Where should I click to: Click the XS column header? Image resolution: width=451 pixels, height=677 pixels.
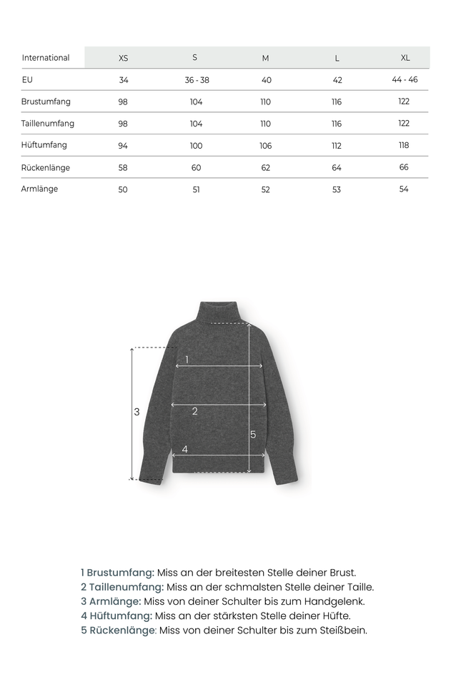pos(124,58)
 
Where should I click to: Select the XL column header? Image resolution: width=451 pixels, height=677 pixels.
pos(405,58)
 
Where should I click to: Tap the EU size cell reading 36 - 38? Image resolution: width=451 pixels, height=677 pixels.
pos(197,80)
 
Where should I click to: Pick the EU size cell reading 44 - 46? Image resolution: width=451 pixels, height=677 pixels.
pos(405,79)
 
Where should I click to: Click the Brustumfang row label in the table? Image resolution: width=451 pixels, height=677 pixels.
pos(46,102)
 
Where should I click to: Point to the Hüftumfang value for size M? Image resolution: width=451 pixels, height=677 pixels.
pos(266,146)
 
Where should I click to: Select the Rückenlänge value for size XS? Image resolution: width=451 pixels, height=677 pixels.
pos(123,167)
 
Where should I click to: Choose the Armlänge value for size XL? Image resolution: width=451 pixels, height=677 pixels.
pos(404,189)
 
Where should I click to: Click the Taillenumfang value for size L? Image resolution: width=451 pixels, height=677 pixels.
pos(337,124)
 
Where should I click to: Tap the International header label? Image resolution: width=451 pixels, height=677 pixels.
pos(46,58)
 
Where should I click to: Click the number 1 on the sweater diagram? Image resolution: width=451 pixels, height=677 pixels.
pos(187,359)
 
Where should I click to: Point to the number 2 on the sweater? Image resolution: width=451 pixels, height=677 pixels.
pos(194,411)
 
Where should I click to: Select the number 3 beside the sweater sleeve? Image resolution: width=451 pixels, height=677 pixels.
pos(137,412)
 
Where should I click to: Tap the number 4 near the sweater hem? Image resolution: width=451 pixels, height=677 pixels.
pos(185,449)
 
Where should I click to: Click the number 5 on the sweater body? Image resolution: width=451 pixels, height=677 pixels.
pos(253,434)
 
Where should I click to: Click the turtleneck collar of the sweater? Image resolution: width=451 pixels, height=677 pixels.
pos(219,312)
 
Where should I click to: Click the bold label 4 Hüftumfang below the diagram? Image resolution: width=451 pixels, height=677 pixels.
pos(117,616)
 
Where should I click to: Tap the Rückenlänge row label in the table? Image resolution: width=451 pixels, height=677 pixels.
pos(46,167)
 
